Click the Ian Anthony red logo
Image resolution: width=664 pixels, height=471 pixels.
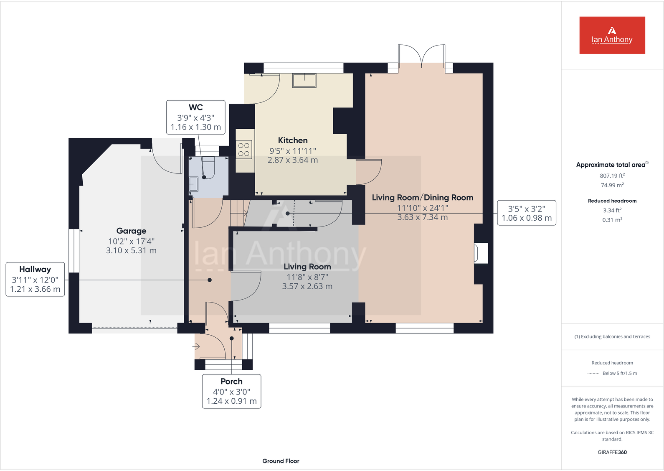pos(612,35)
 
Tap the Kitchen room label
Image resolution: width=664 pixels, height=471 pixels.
pos(293,140)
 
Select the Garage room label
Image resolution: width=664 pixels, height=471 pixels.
pos(131,231)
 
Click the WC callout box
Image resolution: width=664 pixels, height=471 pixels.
pos(195,117)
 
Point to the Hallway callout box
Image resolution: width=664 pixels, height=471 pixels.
pos(35,279)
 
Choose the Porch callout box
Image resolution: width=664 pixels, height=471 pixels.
pos(231,391)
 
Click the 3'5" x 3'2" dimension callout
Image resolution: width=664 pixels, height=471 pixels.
pos(526,213)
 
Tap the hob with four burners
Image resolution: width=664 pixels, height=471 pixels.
pos(244,150)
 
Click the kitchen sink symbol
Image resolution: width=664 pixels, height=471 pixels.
pos(304,80)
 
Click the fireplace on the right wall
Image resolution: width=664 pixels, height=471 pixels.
pos(480,253)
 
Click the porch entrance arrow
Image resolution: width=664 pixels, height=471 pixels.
pos(196,346)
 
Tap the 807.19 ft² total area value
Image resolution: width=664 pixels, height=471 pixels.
pos(612,176)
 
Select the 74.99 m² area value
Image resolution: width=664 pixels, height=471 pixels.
pos(612,185)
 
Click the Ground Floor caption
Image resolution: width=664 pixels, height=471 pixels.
pos(281,461)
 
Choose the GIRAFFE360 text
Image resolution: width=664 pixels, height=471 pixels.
pos(612,452)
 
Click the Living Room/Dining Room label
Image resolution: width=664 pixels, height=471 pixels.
pos(422,198)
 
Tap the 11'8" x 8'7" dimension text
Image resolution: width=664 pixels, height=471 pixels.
pos(307,277)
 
